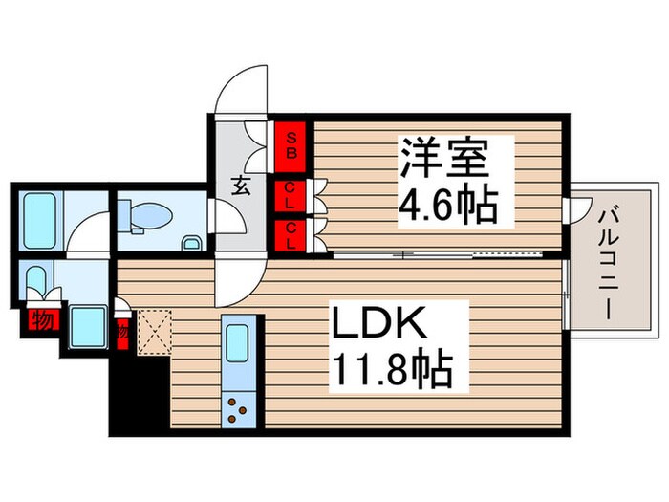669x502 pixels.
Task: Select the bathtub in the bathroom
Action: (x=40, y=219)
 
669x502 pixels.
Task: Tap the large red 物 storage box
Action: (x=42, y=319)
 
